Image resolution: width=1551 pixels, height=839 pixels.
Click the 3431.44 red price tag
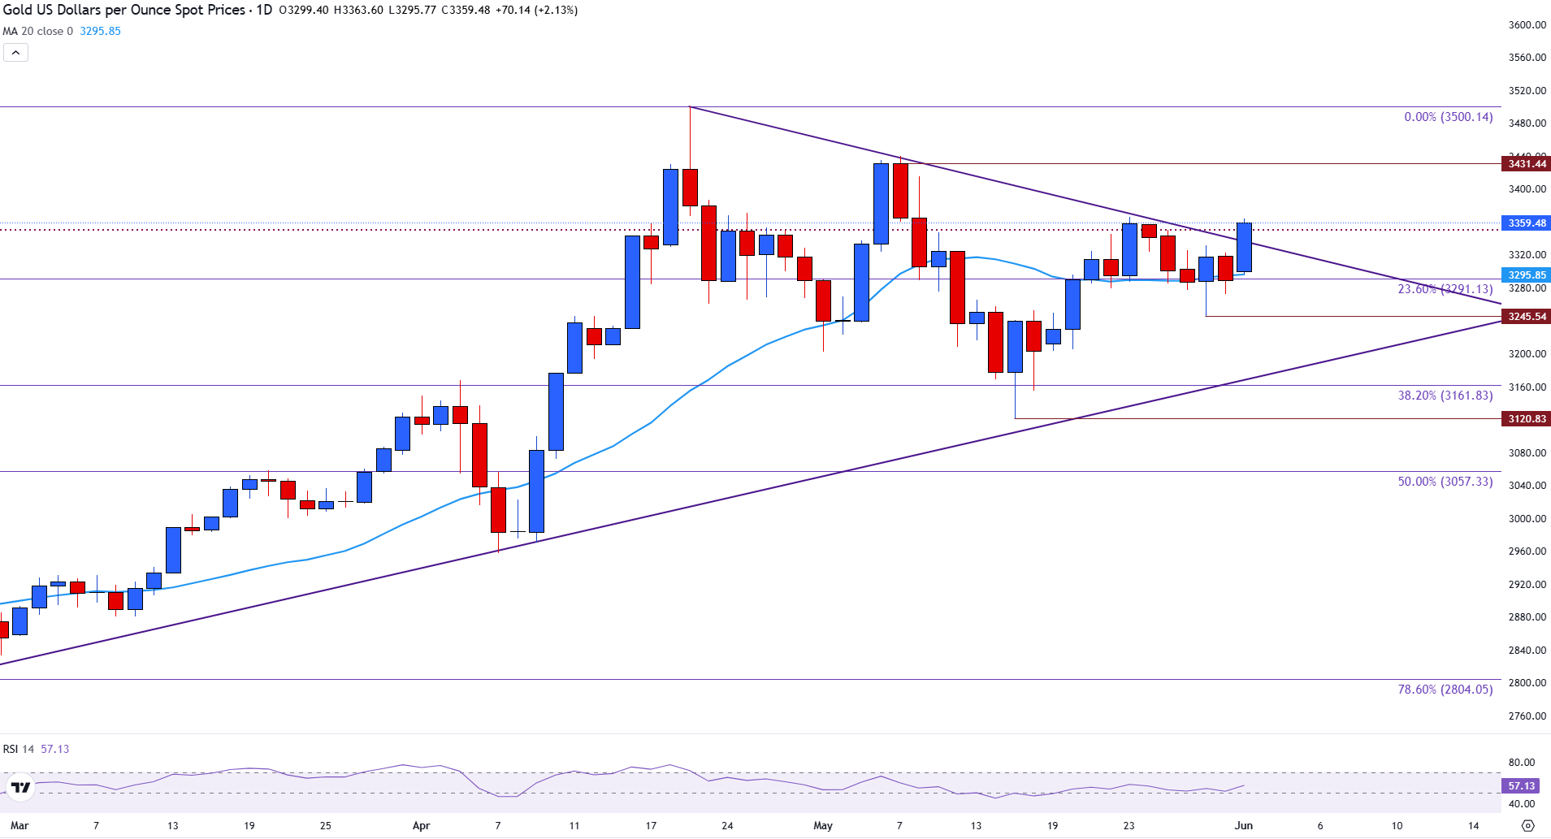pyautogui.click(x=1526, y=164)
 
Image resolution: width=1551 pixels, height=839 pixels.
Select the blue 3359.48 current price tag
pyautogui.click(x=1526, y=223)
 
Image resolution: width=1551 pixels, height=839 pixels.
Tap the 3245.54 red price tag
pyautogui.click(x=1526, y=317)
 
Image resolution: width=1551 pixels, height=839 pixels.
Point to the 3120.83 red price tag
pyautogui.click(x=1526, y=419)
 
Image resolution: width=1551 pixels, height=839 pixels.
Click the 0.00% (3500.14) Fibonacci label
pyautogui.click(x=1448, y=117)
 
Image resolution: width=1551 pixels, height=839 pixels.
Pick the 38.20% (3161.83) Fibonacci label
pyautogui.click(x=1445, y=396)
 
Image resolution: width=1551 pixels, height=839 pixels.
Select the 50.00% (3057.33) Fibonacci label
pyautogui.click(x=1445, y=482)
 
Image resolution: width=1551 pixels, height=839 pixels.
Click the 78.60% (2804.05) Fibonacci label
pyautogui.click(x=1445, y=690)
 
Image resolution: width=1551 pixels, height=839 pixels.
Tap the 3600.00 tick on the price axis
pyautogui.click(x=1527, y=25)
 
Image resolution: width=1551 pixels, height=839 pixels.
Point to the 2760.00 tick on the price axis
pyautogui.click(x=1527, y=716)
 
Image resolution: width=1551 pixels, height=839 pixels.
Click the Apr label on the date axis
pyautogui.click(x=421, y=826)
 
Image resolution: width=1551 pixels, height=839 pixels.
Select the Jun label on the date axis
pyautogui.click(x=1243, y=826)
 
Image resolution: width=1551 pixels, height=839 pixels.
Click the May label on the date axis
pyautogui.click(x=823, y=826)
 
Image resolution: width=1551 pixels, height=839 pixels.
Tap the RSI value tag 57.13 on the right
pyautogui.click(x=1521, y=786)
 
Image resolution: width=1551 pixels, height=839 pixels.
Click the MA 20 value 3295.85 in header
pyautogui.click(x=100, y=32)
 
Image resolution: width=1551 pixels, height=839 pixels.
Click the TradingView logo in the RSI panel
pyautogui.click(x=20, y=787)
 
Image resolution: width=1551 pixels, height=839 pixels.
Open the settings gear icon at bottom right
pyautogui.click(x=1527, y=826)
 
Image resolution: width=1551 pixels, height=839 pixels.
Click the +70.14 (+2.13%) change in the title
pyautogui.click(x=536, y=11)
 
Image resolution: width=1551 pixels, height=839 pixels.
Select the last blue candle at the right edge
pyautogui.click(x=1244, y=247)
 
